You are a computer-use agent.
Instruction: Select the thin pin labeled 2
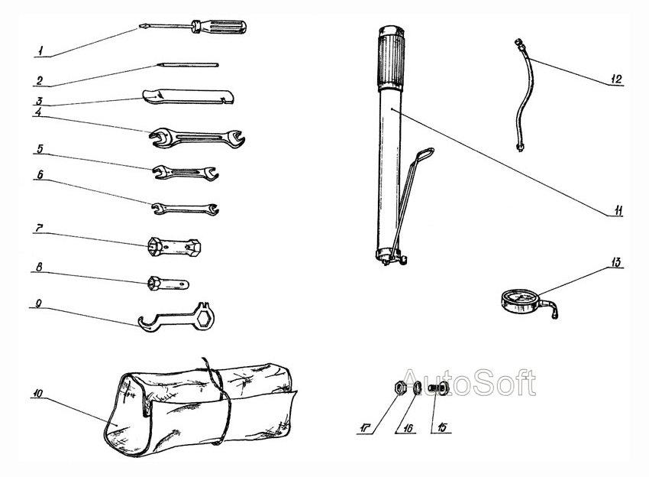[188, 65]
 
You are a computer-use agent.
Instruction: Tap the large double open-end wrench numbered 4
[197, 138]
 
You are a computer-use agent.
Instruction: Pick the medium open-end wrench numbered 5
[186, 171]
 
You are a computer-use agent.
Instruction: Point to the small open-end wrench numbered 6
[185, 208]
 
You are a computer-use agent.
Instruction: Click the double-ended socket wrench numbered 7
[174, 247]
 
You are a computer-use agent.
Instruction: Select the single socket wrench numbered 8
[169, 284]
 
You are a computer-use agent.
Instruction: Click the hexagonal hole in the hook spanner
[204, 319]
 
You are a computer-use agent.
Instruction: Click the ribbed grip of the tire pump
[389, 57]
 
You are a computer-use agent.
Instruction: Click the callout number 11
[617, 210]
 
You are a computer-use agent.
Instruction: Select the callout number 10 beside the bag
[37, 393]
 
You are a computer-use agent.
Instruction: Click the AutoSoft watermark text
[469, 382]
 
